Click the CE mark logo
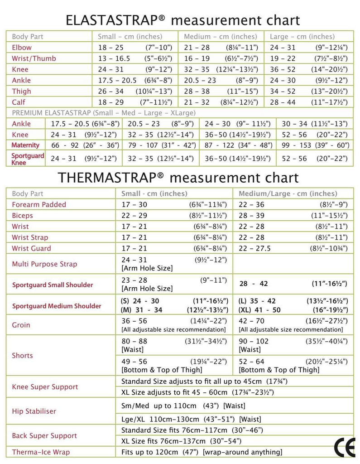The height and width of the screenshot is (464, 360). pyautogui.click(x=344, y=448)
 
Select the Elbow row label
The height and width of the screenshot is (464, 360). pyautogui.click(x=22, y=48)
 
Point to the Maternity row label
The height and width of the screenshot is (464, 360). pyautogui.click(x=25, y=145)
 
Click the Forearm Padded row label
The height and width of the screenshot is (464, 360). pyautogui.click(x=39, y=205)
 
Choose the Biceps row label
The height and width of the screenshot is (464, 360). pyautogui.click(x=23, y=216)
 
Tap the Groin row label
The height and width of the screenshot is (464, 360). pyautogui.click(x=21, y=325)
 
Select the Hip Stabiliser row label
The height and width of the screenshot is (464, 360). pyautogui.click(x=34, y=411)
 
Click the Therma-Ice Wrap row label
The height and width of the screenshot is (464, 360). pyautogui.click(x=41, y=452)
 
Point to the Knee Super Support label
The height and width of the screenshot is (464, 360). pyautogui.click(x=45, y=387)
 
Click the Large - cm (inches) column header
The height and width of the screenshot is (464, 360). pyautogui.click(x=302, y=37)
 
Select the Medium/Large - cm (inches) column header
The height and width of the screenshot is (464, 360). pyautogui.click(x=288, y=193)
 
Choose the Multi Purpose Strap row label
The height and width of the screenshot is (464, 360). pyautogui.click(x=44, y=264)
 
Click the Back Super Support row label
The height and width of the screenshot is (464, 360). pyautogui.click(x=44, y=436)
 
